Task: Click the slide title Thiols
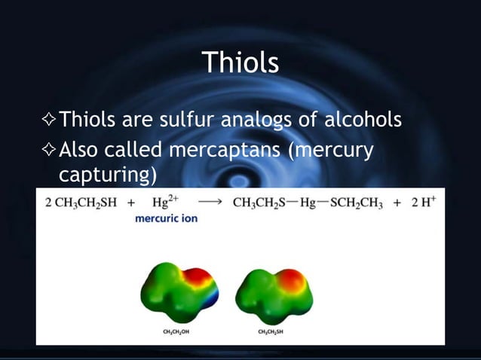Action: (240, 63)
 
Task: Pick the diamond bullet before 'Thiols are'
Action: (50, 121)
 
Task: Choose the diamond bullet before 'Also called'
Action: (50, 151)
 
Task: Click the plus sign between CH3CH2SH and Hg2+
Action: (132, 203)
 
